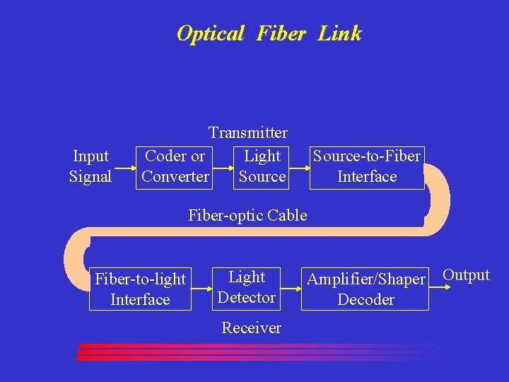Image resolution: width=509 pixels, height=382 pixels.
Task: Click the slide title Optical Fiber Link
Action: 269,33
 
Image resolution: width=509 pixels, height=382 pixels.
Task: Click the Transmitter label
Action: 247,132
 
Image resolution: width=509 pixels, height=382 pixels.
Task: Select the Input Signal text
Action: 90,166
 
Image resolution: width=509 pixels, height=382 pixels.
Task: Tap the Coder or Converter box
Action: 175,167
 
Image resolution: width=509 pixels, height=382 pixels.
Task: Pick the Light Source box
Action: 262,167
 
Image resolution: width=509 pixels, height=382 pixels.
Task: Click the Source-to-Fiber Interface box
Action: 367,167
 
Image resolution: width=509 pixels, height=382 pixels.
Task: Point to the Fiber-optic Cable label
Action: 247,215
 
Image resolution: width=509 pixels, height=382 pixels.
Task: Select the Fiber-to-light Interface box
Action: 140,289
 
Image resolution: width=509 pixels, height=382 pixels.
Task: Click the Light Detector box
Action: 247,287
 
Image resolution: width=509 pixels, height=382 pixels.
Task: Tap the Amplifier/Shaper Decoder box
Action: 365,289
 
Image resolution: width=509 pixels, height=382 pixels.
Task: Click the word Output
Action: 466,275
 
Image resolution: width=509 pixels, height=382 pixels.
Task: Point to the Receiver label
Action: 251,328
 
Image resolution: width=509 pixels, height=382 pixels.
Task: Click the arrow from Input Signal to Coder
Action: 124,168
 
